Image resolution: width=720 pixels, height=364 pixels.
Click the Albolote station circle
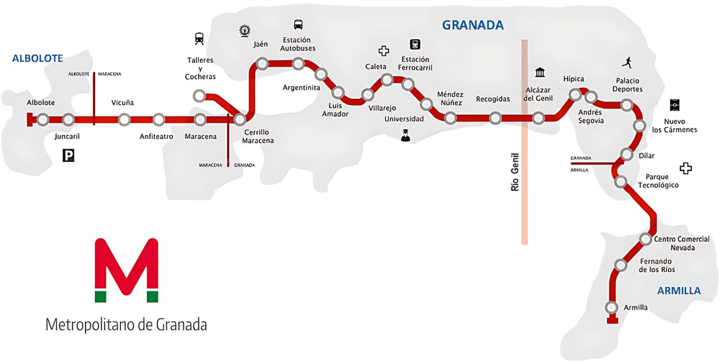tap(43, 120)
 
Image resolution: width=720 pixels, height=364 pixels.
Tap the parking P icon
tap(68, 156)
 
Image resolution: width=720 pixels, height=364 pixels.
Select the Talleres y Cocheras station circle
tap(199, 97)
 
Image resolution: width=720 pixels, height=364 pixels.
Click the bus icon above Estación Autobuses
tap(298, 24)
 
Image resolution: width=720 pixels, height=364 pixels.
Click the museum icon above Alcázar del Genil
tap(540, 73)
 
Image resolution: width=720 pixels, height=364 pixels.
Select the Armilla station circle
tap(611, 308)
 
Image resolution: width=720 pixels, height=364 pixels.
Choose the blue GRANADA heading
tap(472, 25)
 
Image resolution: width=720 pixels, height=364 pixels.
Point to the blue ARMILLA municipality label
tap(679, 291)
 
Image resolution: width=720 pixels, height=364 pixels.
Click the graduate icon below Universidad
tap(405, 135)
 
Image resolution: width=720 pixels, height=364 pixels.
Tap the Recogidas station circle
tap(495, 118)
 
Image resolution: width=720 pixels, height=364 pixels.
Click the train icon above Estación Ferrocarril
tap(415, 45)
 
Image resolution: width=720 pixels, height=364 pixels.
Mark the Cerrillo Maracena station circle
tap(240, 119)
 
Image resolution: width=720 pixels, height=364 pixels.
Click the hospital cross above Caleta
tap(384, 51)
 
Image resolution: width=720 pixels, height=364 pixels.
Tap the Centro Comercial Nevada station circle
tap(645, 239)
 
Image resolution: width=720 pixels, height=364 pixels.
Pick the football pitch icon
tap(675, 104)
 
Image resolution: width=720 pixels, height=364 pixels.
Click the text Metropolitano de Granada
tap(126, 324)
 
